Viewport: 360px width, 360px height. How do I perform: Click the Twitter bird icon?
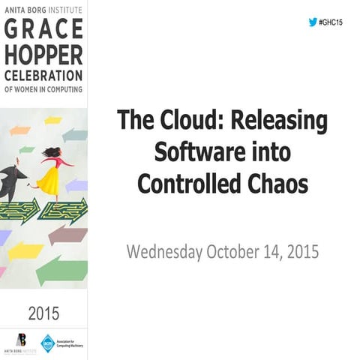pyautogui.click(x=313, y=22)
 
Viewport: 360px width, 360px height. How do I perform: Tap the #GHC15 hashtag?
pyautogui.click(x=331, y=23)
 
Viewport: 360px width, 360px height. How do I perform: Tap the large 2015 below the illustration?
pyautogui.click(x=43, y=311)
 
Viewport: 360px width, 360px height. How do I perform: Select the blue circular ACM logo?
pyautogui.click(x=47, y=343)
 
